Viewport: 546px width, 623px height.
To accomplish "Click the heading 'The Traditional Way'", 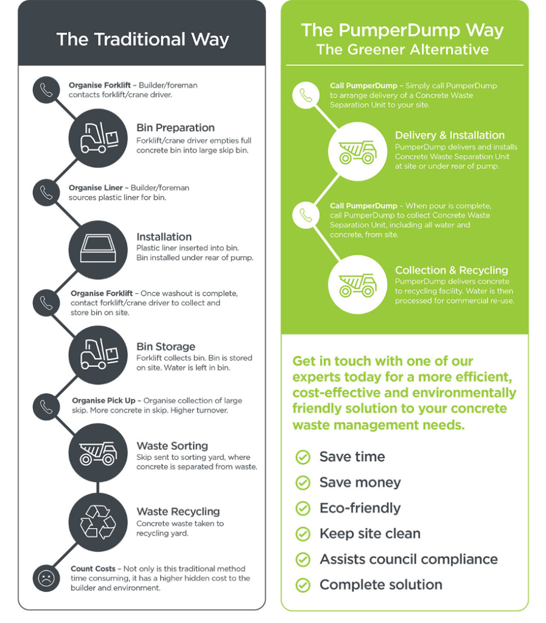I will pyautogui.click(x=142, y=40).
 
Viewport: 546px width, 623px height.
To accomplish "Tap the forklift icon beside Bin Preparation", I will pyautogui.click(x=98, y=137).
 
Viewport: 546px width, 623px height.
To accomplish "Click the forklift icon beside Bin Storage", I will pyautogui.click(x=98, y=355).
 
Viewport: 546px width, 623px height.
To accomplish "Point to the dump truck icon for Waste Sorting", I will pyautogui.click(x=98, y=453).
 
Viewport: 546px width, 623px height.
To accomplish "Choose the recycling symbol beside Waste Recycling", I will pyautogui.click(x=98, y=522).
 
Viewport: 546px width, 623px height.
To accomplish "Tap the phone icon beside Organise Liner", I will pyautogui.click(x=46, y=192).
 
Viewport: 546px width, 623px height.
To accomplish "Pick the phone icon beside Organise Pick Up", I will pyautogui.click(x=46, y=405).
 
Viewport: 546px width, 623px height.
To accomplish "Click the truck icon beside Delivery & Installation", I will pyautogui.click(x=357, y=151).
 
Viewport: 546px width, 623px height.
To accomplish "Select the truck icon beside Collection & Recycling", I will pyautogui.click(x=357, y=284).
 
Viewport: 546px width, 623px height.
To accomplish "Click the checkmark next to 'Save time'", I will pyautogui.click(x=303, y=457).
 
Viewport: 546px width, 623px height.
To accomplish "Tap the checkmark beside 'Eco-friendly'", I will pyautogui.click(x=303, y=508).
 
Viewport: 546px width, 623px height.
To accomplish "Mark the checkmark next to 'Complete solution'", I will pyautogui.click(x=303, y=585).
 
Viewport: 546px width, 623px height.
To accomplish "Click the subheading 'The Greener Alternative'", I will pyautogui.click(x=402, y=50).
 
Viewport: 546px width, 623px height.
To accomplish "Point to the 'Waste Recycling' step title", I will pyautogui.click(x=178, y=512).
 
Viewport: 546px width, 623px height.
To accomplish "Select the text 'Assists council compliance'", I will pyautogui.click(x=408, y=559).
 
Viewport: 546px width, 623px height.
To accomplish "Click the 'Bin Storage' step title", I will pyautogui.click(x=166, y=347).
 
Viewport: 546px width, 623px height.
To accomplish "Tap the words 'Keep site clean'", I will pyautogui.click(x=369, y=534).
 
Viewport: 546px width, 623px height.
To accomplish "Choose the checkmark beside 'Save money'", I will pyautogui.click(x=303, y=482).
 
